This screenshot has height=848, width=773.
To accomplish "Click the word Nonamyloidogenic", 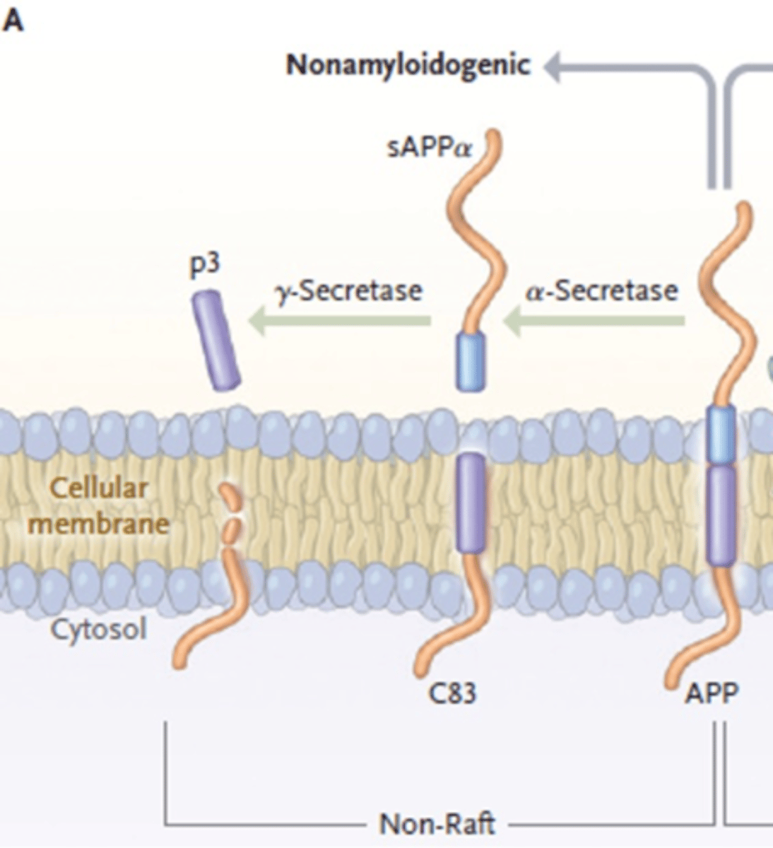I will click(408, 66).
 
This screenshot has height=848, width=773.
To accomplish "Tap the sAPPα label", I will click(429, 149).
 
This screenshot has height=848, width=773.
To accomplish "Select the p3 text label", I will click(205, 264).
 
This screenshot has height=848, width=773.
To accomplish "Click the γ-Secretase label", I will click(350, 290).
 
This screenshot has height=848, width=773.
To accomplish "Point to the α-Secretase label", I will click(601, 290).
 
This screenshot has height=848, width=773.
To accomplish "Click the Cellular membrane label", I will click(99, 506).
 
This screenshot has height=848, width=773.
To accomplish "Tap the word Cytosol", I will click(99, 628).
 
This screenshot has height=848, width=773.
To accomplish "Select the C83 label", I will click(452, 693).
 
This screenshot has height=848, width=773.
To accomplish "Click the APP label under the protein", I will click(711, 693).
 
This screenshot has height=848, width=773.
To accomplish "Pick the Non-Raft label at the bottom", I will click(437, 824).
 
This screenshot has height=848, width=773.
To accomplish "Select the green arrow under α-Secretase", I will click(594, 322).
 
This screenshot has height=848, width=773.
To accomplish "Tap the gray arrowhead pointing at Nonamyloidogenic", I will click(555, 67).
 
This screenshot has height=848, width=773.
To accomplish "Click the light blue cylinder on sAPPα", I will click(471, 361).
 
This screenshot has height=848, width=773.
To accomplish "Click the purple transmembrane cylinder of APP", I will click(721, 516).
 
